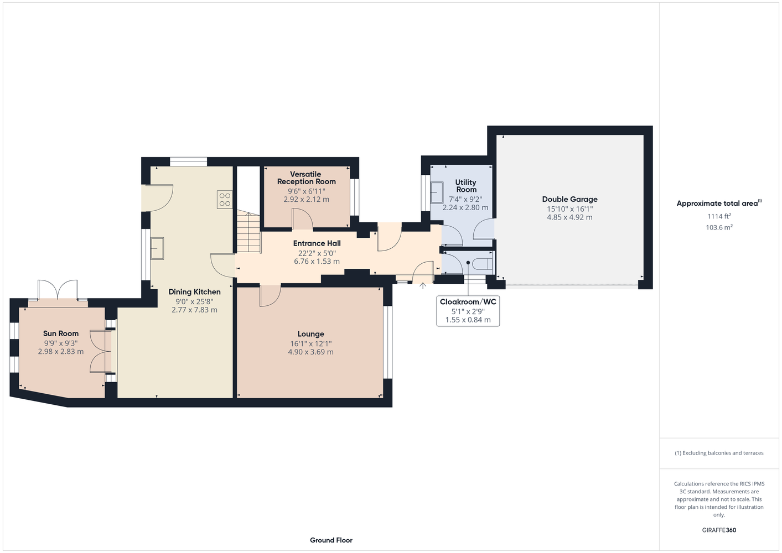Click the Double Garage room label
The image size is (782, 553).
[569, 199]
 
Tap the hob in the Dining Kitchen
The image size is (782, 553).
[225, 199]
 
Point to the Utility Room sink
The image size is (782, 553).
[437, 192]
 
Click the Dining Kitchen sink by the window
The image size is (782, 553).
[157, 248]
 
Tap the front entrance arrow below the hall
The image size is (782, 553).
[423, 286]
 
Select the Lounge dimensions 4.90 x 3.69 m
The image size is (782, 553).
[310, 352]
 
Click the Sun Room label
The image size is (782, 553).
[61, 333]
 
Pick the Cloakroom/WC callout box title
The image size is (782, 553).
[468, 302]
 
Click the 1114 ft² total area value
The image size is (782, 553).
[719, 216]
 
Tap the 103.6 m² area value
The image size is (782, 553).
[719, 227]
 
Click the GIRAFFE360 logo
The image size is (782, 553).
[719, 530]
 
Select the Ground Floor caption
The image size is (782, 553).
[332, 540]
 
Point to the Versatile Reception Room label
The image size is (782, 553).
[306, 178]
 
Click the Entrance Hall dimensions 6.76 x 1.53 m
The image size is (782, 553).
[317, 262]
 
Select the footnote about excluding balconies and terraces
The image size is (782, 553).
[719, 453]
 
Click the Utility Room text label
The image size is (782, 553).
[465, 186]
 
